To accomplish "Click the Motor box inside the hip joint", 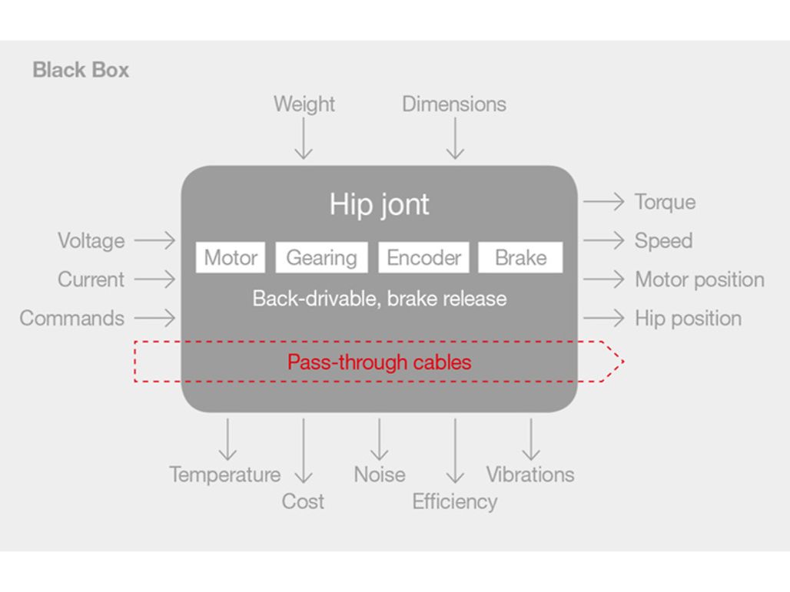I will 231,258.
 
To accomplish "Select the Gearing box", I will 321,258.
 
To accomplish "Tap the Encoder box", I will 423,258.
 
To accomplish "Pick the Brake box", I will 520,258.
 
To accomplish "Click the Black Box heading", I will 81,70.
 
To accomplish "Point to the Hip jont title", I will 380,204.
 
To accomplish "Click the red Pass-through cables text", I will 379,362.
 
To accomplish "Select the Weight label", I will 304,104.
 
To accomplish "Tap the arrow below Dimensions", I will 455,138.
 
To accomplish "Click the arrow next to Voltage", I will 155,240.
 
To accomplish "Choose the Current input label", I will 91,279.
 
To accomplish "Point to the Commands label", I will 72,318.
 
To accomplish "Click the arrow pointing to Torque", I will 604,202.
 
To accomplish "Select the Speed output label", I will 663,240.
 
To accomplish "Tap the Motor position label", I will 699,279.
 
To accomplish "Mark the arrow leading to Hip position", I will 604,318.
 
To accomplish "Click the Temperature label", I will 225,475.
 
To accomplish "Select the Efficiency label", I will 455,501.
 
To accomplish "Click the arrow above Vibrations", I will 530,439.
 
